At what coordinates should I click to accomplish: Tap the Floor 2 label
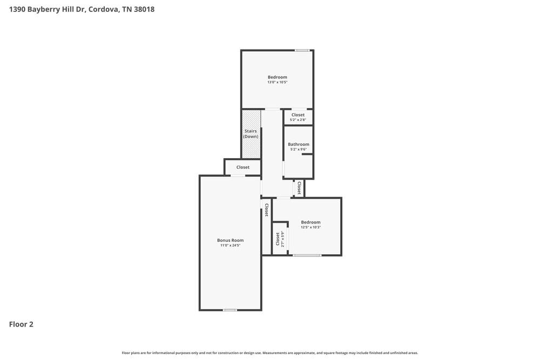point(21,324)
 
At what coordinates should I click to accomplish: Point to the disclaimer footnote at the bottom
point(270,353)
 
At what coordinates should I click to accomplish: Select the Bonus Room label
point(230,240)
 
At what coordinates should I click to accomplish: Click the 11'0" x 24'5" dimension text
point(230,246)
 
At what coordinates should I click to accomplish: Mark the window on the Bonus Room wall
point(230,310)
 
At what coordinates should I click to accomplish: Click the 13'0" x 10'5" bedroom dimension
point(278,83)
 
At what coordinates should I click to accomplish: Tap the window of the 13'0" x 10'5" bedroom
point(302,51)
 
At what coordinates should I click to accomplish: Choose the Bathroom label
point(299,144)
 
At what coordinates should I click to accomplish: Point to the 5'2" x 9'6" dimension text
point(299,150)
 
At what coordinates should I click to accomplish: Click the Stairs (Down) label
point(251,134)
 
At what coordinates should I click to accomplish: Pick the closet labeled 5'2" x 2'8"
point(298,117)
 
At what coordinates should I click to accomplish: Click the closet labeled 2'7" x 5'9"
point(280,239)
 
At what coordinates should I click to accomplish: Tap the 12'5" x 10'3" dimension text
point(310,228)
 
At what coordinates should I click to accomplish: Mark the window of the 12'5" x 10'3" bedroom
point(307,255)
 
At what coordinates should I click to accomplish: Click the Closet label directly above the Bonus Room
point(243,167)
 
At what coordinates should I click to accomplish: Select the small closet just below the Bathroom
point(299,188)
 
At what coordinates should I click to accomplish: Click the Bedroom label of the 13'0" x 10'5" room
point(278,77)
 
